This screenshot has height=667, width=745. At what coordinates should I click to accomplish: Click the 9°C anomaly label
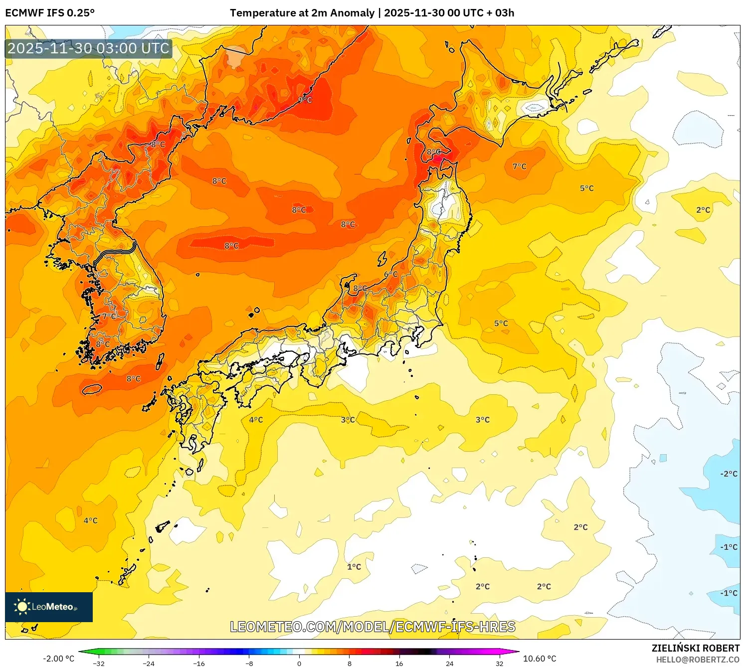pos(305,100)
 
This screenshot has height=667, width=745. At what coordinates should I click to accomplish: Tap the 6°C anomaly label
pos(391,275)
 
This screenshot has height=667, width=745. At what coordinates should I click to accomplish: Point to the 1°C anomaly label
pos(354,567)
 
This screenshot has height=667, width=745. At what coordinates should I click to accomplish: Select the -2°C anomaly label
pos(729,474)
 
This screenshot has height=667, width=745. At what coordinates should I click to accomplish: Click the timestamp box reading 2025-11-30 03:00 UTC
pos(89,48)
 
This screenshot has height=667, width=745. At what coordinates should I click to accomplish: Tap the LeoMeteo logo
pos(49,607)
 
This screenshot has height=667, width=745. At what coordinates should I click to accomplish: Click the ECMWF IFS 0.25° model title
pos(50,13)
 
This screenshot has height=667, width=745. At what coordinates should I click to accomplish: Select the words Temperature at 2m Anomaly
pos(302,13)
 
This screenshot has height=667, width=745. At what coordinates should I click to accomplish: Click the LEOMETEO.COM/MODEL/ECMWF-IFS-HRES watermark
pos(372,627)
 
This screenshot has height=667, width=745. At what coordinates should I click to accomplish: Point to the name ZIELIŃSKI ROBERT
pos(696,648)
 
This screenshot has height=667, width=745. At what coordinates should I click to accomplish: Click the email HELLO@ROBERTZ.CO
pos(698,660)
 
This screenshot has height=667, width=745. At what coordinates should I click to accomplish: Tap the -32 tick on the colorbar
pos(99,664)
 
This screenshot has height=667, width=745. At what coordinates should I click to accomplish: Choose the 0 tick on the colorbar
pos(299,664)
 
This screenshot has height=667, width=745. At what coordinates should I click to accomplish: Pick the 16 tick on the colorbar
pos(399,664)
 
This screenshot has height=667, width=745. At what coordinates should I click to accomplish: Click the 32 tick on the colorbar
pos(500,664)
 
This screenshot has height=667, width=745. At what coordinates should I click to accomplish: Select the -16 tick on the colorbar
pos(199,664)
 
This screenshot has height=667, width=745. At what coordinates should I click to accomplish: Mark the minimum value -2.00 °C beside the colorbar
pos(58,659)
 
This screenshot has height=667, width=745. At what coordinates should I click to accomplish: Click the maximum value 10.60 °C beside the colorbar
pos(540,659)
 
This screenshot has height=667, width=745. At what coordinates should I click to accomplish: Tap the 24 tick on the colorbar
pos(450,664)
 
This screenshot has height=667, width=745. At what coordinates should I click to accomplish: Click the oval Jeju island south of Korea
pos(92,389)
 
